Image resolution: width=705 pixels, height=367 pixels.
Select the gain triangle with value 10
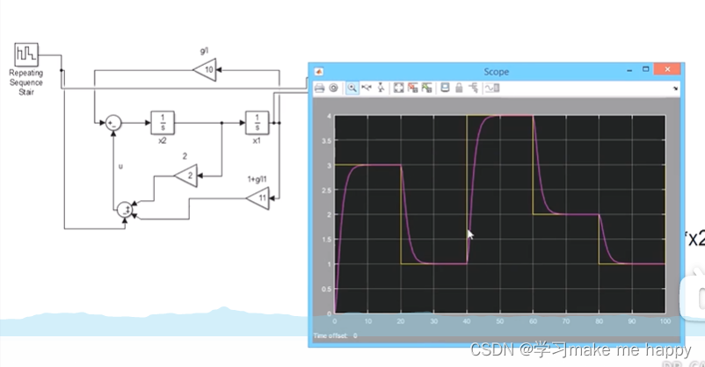(x=207, y=70)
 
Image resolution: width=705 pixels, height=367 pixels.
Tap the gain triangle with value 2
(x=185, y=176)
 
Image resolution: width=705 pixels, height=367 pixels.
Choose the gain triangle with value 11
(x=258, y=200)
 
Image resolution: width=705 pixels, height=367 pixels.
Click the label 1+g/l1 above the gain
(x=263, y=180)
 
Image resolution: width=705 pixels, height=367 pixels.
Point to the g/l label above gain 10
(x=204, y=52)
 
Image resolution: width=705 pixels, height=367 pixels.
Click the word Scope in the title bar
(x=496, y=71)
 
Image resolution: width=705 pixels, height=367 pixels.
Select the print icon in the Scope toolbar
(x=319, y=88)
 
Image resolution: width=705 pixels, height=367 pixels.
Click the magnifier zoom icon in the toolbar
(x=352, y=88)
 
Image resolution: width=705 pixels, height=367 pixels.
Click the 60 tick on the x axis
(x=532, y=322)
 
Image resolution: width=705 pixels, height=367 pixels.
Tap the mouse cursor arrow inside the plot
(x=469, y=234)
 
